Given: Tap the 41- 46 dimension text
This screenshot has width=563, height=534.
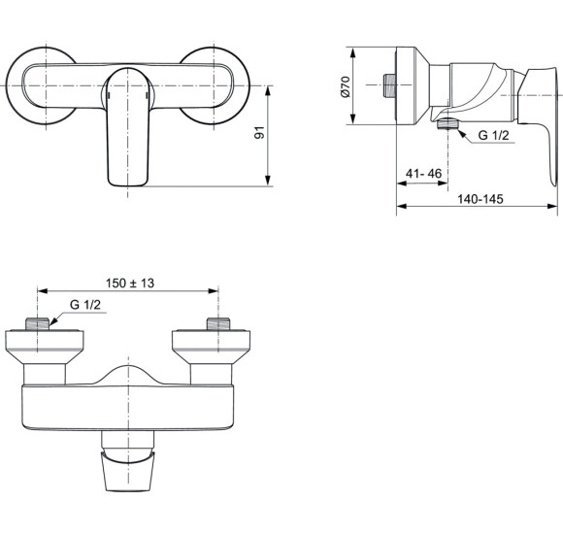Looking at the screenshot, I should [x=423, y=173].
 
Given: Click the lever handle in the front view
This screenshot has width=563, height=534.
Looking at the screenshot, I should [x=127, y=126].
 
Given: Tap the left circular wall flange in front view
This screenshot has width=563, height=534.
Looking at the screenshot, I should [x=29, y=84].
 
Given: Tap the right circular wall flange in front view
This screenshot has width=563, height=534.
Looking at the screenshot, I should [x=223, y=84].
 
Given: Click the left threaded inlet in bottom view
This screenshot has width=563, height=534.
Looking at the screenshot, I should [x=36, y=324].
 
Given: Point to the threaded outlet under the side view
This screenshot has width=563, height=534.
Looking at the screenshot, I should [x=447, y=124].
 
